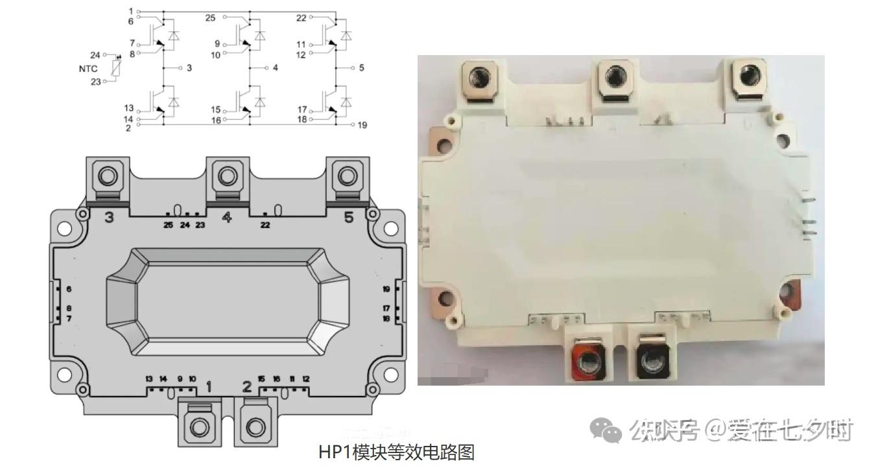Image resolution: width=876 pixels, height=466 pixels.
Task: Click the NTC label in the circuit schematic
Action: tap(88, 68)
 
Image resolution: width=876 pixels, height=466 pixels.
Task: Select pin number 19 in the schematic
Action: tap(362, 124)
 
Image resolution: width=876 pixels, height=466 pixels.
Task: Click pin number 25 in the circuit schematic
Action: tap(210, 18)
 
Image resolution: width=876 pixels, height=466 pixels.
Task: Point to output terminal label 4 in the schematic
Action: tap(275, 67)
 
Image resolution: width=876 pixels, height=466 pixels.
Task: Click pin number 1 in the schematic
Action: tap(130, 12)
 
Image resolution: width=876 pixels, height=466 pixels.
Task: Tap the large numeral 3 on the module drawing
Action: tap(109, 217)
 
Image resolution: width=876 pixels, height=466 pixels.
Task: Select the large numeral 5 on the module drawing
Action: tap(349, 217)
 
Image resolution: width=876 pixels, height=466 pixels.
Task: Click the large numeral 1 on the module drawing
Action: tap(208, 387)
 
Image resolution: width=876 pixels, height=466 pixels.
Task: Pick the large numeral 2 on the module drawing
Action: tap(247, 387)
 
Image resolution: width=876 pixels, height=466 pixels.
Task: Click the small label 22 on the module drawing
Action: tap(265, 226)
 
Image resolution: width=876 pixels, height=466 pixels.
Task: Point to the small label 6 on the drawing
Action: tap(69, 289)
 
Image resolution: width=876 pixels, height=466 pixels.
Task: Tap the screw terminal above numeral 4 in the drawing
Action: tap(227, 176)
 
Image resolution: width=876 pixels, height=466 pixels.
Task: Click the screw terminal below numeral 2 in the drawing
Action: tap(255, 426)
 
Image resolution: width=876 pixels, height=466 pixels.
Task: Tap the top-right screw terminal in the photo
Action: tap(749, 80)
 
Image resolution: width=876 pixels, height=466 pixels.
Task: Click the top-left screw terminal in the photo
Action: tap(480, 80)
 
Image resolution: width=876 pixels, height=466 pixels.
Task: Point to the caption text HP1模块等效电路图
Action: tap(396, 452)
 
